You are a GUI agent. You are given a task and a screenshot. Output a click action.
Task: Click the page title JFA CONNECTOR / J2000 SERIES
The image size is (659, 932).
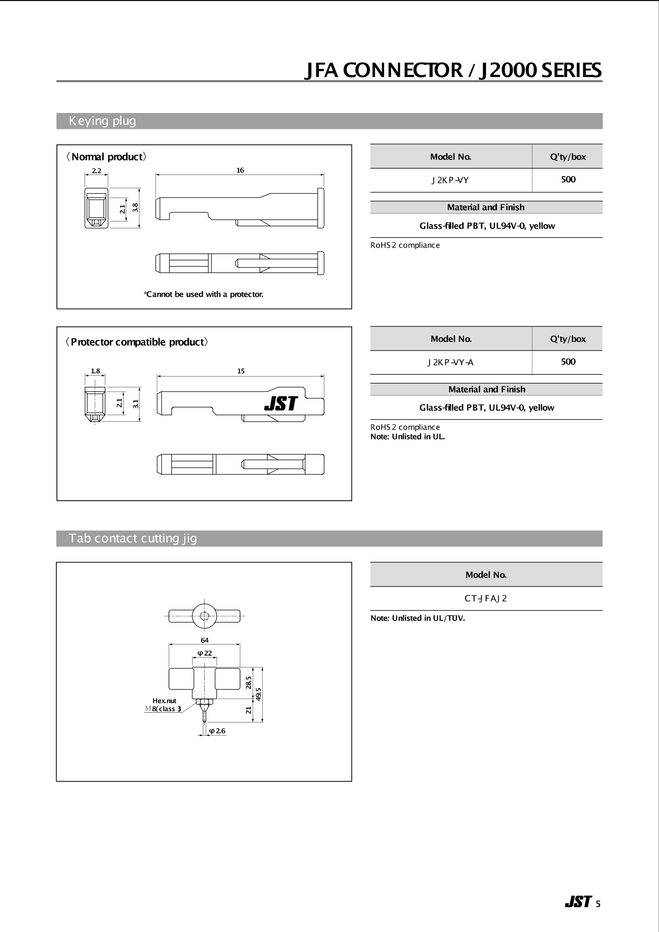[453, 70]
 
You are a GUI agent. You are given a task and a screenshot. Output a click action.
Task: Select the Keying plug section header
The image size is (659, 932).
[102, 121]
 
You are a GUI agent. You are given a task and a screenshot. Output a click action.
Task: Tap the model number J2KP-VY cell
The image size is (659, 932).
[450, 180]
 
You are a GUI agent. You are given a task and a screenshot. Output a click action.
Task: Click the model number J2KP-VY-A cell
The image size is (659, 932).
[450, 362]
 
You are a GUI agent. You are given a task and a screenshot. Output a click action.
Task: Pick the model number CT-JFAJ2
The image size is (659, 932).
[485, 598]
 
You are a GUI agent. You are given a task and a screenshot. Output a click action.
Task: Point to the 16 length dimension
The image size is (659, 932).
[240, 170]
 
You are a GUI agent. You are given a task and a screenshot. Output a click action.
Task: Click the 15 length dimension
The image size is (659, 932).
[240, 371]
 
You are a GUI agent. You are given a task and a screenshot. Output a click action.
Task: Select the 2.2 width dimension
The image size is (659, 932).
[96, 171]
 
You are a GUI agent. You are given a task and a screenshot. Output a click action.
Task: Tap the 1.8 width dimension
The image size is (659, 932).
[95, 371]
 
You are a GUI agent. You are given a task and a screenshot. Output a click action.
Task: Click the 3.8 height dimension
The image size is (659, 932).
[136, 207]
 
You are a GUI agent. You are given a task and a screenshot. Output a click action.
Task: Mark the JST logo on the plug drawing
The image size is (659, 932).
[281, 403]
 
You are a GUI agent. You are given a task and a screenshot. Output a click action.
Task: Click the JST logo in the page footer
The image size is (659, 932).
[578, 901]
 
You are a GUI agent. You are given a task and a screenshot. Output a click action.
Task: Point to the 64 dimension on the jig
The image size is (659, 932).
[204, 640]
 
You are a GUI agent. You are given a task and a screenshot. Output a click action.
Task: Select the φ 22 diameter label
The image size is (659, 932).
[205, 653]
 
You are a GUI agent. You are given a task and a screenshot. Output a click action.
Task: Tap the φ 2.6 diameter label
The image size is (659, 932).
[217, 730]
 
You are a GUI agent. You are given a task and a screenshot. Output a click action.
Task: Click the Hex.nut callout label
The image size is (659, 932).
[164, 700]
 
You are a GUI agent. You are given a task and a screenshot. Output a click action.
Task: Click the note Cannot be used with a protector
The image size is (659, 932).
[204, 294]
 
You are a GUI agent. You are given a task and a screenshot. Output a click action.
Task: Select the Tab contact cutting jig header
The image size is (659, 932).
[132, 538]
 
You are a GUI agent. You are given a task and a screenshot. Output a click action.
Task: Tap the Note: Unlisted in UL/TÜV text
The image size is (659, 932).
[418, 618]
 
